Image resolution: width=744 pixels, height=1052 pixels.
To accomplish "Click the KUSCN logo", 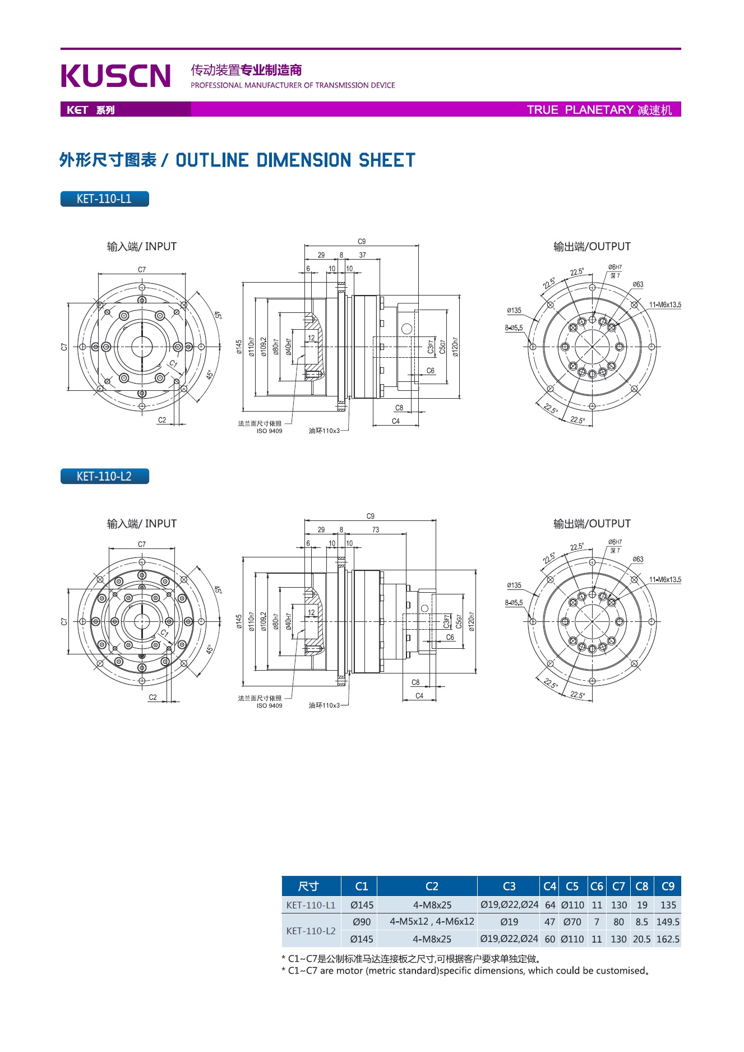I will tap(115, 76).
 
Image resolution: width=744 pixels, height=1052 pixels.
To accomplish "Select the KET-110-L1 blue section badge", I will tap(104, 199).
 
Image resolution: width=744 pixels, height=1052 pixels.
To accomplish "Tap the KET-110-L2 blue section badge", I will tap(104, 477).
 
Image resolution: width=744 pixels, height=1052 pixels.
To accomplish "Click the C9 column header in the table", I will tap(668, 887).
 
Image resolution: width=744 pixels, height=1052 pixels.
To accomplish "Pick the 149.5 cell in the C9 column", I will tap(668, 922).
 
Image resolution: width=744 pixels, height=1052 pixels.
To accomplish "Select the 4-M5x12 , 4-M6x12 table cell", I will tap(432, 922).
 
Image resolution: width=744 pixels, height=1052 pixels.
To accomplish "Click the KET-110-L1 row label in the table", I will tap(311, 905).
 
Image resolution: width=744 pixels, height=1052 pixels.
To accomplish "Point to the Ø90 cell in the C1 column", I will tap(362, 922).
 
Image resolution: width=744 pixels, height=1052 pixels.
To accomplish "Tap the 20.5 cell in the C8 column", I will tap(642, 939).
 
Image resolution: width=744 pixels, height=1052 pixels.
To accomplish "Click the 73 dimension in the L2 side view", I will tap(376, 530).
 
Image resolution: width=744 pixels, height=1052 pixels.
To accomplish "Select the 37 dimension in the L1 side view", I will tap(363, 255).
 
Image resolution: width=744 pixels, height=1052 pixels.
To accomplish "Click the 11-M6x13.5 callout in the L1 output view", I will tap(665, 305).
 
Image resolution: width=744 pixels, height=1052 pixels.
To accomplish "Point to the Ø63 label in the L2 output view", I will tap(638, 560).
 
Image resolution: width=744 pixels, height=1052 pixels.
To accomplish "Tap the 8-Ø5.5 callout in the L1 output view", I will tap(514, 328).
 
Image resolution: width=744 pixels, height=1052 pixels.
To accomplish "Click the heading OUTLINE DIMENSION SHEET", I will tap(295, 161).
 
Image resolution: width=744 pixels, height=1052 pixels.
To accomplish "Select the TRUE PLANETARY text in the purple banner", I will tap(580, 110).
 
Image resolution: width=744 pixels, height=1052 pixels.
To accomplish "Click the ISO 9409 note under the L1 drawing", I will tap(269, 431).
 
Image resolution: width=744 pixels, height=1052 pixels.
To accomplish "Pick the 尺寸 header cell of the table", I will tap(308, 887).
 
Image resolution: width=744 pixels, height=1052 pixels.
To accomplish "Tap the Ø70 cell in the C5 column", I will tap(572, 922).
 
